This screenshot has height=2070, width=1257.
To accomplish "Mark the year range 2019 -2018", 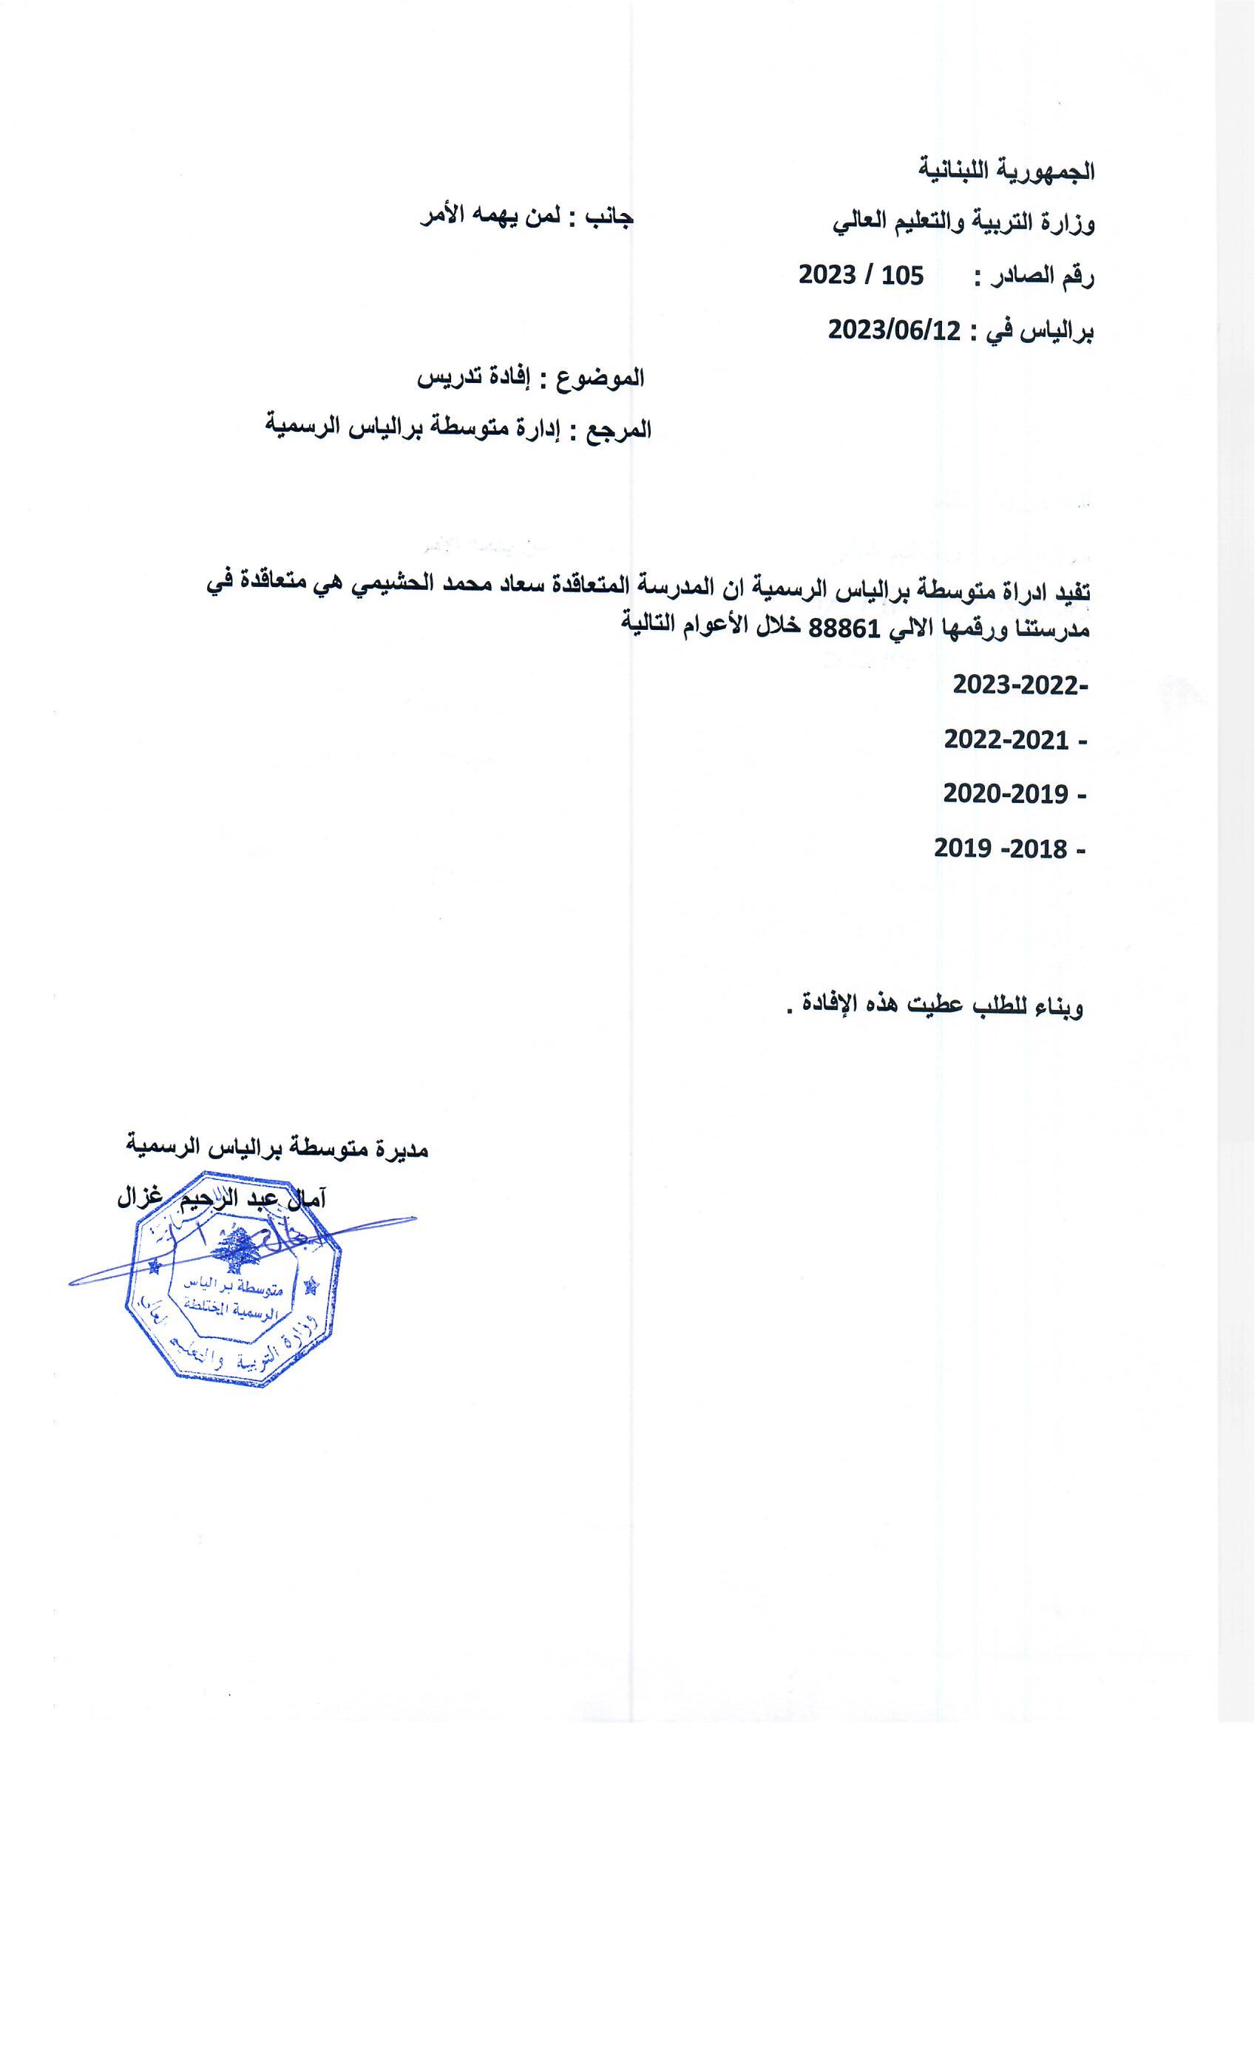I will click(x=1000, y=849).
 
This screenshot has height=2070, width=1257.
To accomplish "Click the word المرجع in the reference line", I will click(x=620, y=430).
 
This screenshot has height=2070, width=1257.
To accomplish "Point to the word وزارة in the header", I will click(x=1066, y=224).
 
